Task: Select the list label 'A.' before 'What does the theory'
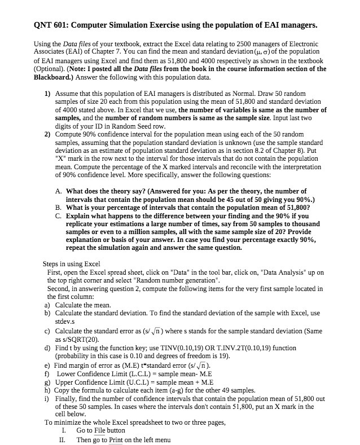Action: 59,191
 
